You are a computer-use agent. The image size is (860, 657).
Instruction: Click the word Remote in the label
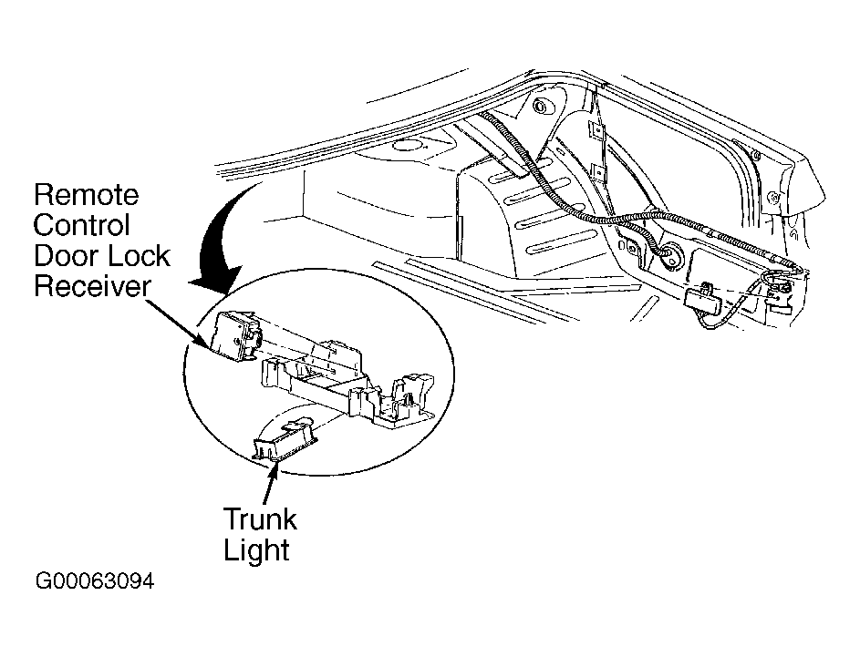click(x=86, y=195)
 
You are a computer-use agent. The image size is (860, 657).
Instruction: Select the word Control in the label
click(x=82, y=225)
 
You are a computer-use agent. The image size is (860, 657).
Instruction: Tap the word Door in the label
click(x=66, y=256)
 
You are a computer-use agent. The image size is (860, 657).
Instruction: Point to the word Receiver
click(x=92, y=286)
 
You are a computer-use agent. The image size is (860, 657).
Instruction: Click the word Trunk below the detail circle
click(x=260, y=519)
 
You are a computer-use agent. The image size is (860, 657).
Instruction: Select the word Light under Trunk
click(x=256, y=550)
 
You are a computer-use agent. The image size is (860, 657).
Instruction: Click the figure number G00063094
click(x=95, y=581)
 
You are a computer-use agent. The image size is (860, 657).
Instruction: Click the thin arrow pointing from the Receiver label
click(x=179, y=323)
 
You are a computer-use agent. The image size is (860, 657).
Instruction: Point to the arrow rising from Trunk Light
click(x=270, y=483)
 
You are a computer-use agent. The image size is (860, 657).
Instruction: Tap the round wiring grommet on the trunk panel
click(x=670, y=255)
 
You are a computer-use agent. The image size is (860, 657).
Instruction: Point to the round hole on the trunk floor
click(x=407, y=147)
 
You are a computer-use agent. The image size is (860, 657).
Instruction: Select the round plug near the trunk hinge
click(x=541, y=106)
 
